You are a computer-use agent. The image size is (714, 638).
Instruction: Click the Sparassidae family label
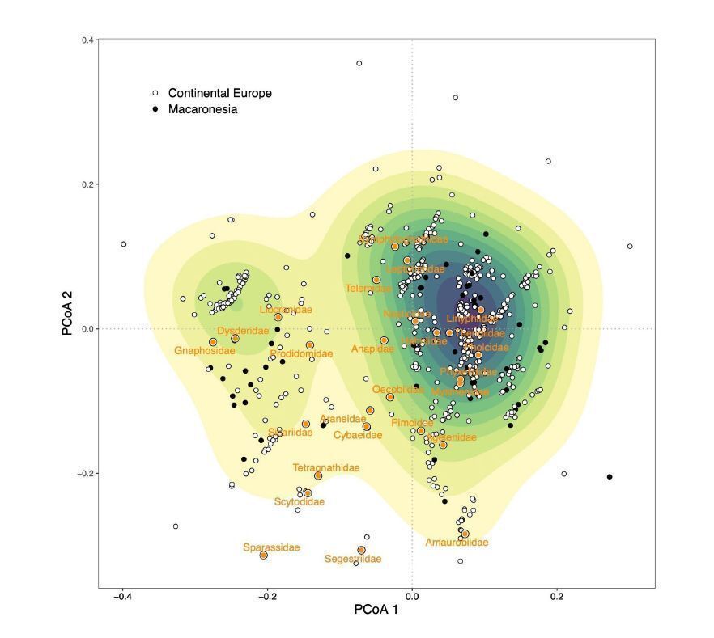[x=271, y=547]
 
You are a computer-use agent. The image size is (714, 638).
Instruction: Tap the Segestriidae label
[x=353, y=559]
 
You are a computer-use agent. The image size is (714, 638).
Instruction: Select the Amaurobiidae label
[x=457, y=543]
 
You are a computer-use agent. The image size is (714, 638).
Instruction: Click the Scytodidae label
[x=300, y=501]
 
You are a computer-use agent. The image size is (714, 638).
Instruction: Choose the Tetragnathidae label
[x=326, y=467]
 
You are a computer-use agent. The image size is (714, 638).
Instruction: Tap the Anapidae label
[x=372, y=349]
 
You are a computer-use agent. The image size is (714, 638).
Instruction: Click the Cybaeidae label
[x=358, y=435]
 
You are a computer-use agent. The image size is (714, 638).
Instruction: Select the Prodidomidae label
[x=301, y=354]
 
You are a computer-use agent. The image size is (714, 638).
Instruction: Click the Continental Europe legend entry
[x=220, y=93]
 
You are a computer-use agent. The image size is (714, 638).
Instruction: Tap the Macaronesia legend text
[x=202, y=109]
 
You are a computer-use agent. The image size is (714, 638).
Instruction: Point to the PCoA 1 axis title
[x=376, y=611]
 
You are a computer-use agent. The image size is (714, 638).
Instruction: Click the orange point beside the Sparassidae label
[x=264, y=556]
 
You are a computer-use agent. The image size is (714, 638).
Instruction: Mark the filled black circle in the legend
[x=155, y=109]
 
